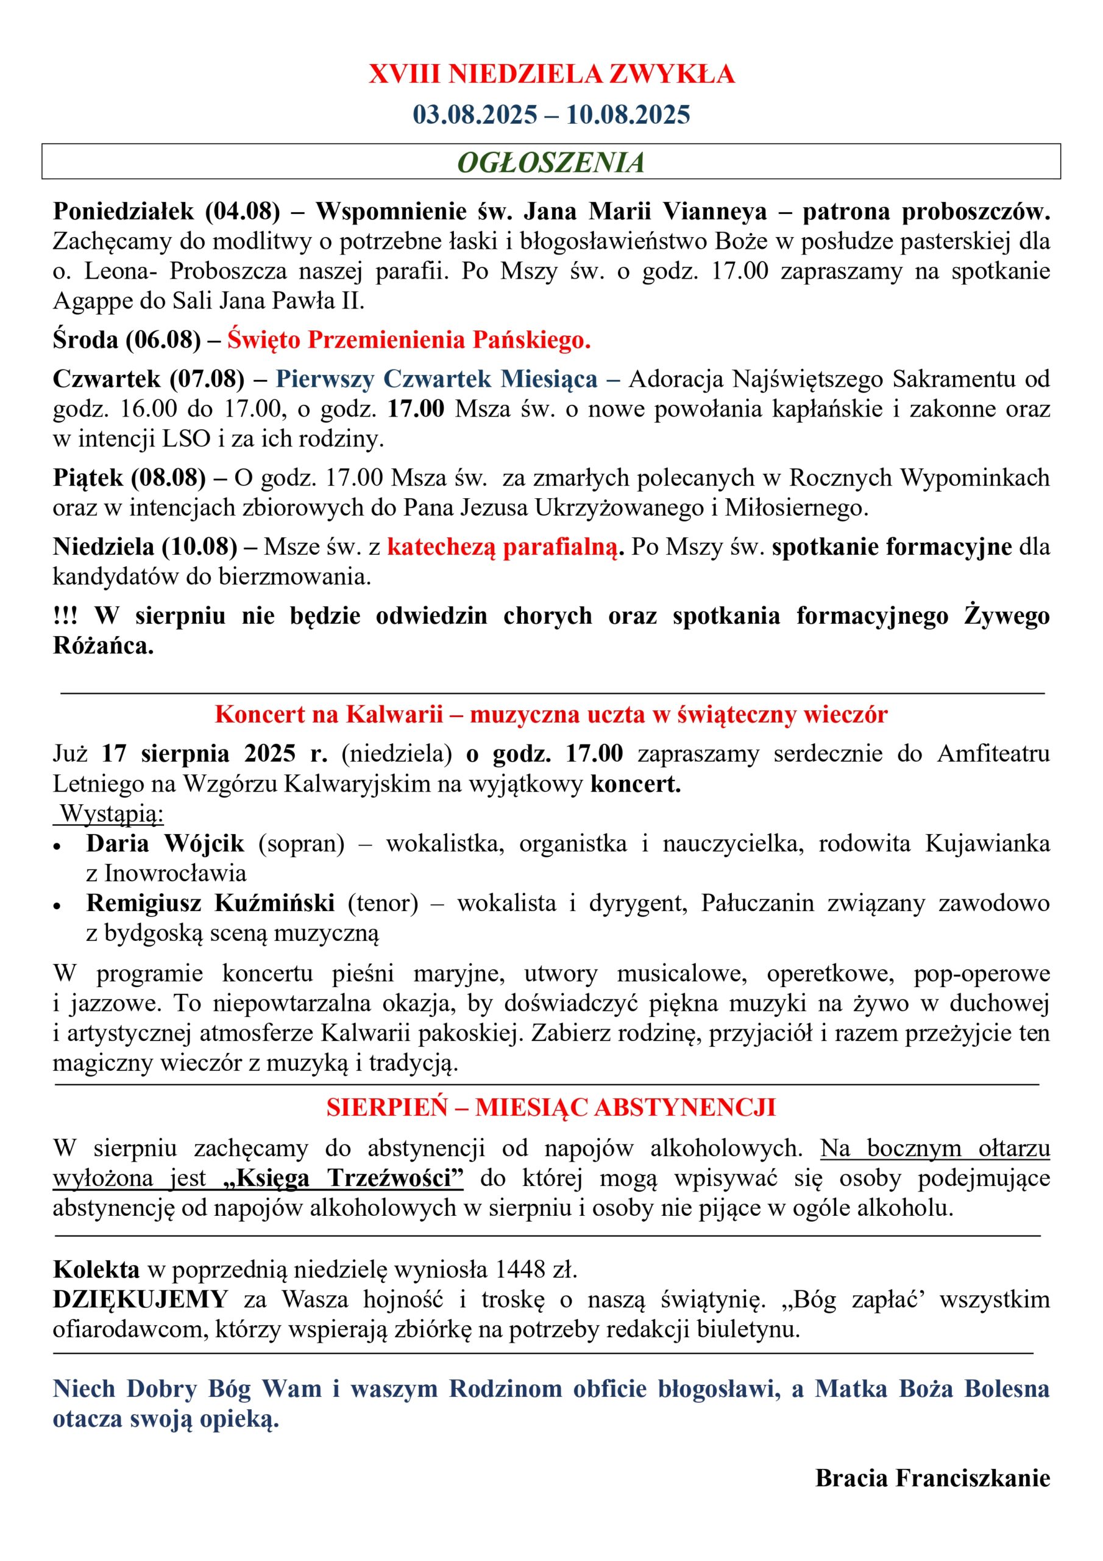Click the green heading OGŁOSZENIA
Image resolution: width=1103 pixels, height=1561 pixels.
pos(550,162)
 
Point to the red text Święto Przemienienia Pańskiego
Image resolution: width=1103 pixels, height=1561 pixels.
pos(409,339)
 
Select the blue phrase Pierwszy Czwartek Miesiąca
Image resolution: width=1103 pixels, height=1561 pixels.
pos(436,379)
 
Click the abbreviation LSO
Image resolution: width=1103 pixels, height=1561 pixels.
pos(186,438)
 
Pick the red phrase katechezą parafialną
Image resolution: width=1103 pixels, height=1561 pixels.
pos(505,546)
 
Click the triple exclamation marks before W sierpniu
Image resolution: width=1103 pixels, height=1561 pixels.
pos(65,615)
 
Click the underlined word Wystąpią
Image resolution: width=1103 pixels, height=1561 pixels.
pos(112,813)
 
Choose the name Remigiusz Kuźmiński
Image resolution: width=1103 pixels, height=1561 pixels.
pos(210,903)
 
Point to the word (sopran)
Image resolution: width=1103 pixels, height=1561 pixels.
pos(301,844)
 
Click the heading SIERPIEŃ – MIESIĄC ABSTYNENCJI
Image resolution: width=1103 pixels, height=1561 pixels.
pos(550,1107)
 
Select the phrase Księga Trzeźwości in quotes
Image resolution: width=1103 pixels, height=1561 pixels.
pos(344,1178)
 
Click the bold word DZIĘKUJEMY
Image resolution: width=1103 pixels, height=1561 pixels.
pos(140,1299)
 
